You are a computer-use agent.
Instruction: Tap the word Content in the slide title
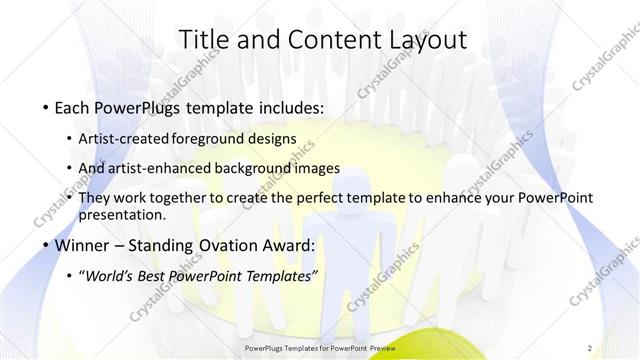click(x=325, y=39)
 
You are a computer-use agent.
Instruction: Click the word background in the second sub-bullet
click(x=255, y=168)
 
